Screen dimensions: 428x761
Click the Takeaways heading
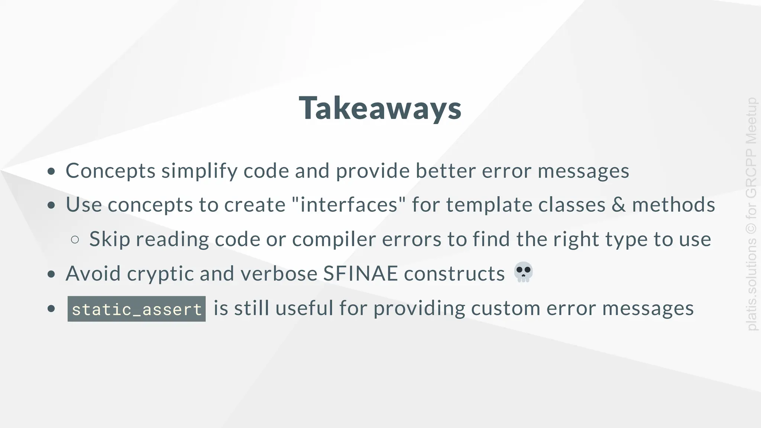(380, 108)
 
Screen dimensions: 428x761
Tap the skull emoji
(523, 272)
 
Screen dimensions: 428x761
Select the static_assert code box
(136, 309)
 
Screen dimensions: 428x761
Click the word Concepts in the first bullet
(110, 171)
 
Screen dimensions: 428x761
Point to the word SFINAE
(360, 273)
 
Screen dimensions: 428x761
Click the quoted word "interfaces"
(349, 205)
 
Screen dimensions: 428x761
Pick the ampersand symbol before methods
(618, 205)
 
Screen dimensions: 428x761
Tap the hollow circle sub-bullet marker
(75, 240)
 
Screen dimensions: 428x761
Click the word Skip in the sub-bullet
(110, 240)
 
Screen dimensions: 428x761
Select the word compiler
(334, 240)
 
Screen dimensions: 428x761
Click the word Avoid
(93, 274)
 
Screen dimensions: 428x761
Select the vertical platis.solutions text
(751, 284)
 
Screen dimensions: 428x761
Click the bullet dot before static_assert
(51, 308)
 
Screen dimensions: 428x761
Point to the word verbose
(279, 274)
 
